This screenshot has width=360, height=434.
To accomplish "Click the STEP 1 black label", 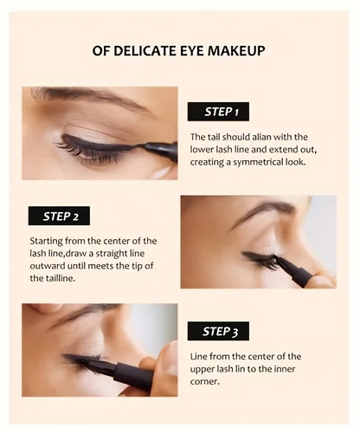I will click(218, 111).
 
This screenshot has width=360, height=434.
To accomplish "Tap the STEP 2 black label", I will click(59, 216).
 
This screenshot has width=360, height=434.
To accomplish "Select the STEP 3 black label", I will click(218, 331).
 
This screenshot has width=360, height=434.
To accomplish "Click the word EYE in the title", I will click(193, 51).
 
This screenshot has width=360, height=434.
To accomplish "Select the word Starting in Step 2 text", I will click(48, 240).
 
